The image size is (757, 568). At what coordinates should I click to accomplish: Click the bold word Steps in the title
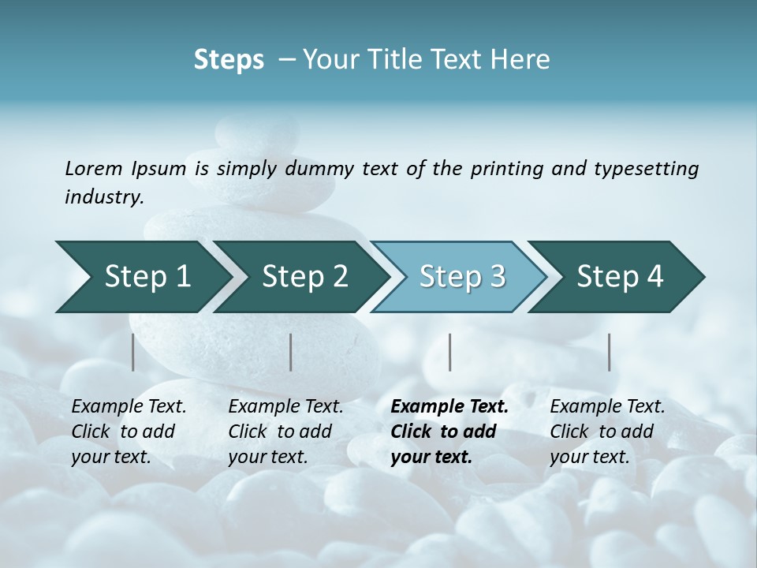[229, 60]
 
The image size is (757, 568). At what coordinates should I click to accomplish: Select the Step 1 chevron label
[147, 277]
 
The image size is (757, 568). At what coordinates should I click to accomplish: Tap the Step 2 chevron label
[305, 277]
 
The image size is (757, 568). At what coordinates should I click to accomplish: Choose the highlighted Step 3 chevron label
[462, 277]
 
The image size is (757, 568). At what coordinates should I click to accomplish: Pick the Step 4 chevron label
[620, 277]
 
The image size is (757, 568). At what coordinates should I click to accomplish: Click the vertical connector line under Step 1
[133, 352]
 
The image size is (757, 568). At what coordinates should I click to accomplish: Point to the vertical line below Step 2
[291, 352]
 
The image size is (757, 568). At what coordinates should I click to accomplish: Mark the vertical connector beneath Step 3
[450, 352]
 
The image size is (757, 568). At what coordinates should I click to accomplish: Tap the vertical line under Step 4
[610, 352]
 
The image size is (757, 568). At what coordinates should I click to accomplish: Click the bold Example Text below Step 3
[449, 407]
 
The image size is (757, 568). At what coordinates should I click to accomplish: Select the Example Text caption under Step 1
[129, 407]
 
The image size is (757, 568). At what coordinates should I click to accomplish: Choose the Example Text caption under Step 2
[285, 407]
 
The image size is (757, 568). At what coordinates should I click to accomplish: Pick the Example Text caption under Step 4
[607, 407]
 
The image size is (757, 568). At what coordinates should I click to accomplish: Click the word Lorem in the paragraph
[94, 169]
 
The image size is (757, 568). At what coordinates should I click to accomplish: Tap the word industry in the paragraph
[104, 197]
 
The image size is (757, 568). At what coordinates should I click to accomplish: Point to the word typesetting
[646, 169]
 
